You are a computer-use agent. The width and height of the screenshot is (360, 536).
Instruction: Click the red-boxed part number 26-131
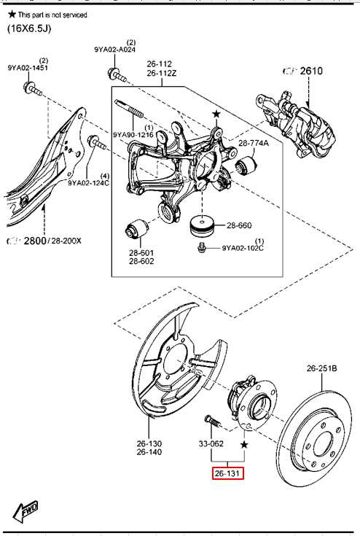(x=228, y=473)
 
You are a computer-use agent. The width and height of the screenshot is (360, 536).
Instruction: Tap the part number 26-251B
(x=322, y=368)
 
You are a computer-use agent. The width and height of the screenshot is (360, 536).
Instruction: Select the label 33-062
(x=211, y=443)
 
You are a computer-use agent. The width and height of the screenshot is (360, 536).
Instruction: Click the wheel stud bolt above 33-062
(x=213, y=422)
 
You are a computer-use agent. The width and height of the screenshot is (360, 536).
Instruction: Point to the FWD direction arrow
(x=25, y=512)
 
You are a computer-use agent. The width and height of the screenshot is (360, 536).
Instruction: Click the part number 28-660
(x=239, y=225)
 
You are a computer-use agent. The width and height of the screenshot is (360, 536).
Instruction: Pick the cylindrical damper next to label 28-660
(x=202, y=225)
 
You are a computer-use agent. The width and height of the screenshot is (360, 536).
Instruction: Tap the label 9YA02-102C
(x=243, y=248)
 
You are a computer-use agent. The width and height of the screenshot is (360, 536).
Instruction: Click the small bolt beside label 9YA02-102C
(x=202, y=247)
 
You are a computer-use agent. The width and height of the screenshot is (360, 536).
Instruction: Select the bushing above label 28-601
(x=136, y=229)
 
